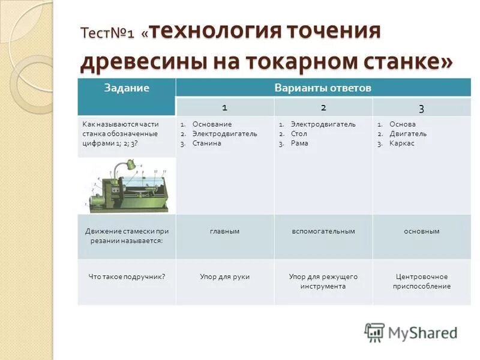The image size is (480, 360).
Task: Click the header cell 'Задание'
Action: tap(126, 88)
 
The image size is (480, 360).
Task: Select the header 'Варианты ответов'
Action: tap(323, 88)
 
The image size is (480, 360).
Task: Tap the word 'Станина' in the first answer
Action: tap(207, 143)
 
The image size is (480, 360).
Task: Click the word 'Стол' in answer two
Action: tap(299, 134)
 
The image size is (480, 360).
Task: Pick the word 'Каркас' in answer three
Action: tap(401, 143)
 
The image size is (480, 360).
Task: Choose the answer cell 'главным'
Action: tap(224, 231)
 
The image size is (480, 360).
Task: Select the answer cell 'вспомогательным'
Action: tap(323, 231)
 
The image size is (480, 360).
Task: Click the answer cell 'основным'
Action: tap(421, 231)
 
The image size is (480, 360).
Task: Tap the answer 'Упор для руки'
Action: tap(224, 277)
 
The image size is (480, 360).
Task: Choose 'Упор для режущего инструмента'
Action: tap(323, 281)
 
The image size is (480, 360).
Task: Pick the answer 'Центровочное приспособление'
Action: tap(421, 281)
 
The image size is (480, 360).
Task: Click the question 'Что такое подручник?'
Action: tap(127, 277)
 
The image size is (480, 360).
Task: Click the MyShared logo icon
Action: tap(374, 332)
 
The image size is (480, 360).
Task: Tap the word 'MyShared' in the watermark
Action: tap(422, 333)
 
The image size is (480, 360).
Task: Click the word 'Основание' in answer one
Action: tap(212, 124)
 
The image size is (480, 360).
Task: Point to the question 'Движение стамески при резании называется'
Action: tap(127, 236)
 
